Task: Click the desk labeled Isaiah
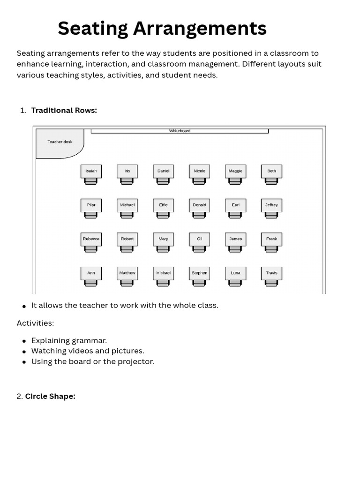point(91,171)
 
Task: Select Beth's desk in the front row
point(271,171)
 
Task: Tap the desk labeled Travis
point(271,273)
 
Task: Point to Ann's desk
point(91,273)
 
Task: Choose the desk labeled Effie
point(163,205)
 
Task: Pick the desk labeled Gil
point(199,239)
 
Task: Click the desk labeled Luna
point(235,273)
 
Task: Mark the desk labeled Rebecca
point(91,239)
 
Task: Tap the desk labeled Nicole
point(199,171)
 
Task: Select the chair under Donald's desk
point(199,215)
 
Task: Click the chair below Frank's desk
point(271,249)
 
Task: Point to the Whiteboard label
point(180,131)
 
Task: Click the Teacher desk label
point(60,142)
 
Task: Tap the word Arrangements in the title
point(200,29)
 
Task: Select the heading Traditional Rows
point(64,110)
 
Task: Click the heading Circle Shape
point(50,396)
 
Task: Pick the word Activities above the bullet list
point(35,323)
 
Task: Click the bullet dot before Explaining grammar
point(24,341)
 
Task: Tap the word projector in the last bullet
point(138,361)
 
